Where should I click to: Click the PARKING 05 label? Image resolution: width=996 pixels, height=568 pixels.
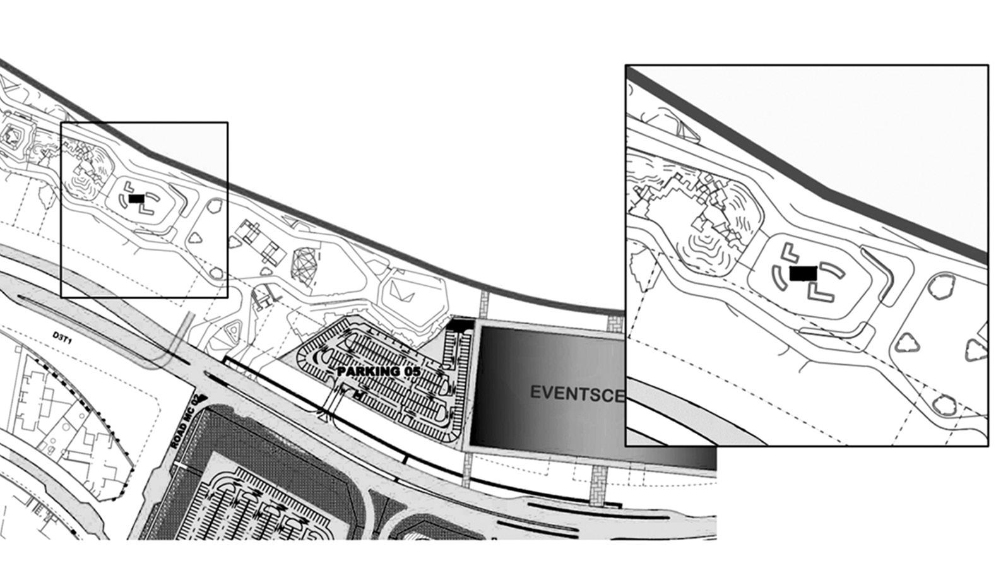378,371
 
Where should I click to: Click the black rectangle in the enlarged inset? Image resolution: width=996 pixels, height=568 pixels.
803,273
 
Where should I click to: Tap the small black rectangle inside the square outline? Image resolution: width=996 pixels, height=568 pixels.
136,198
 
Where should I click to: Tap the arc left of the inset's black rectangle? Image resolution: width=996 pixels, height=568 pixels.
777,276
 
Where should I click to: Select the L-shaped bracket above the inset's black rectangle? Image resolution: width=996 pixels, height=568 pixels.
788,253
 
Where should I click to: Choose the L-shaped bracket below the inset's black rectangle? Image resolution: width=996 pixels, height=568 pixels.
819,292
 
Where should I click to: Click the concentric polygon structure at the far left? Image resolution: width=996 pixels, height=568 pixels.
13,134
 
